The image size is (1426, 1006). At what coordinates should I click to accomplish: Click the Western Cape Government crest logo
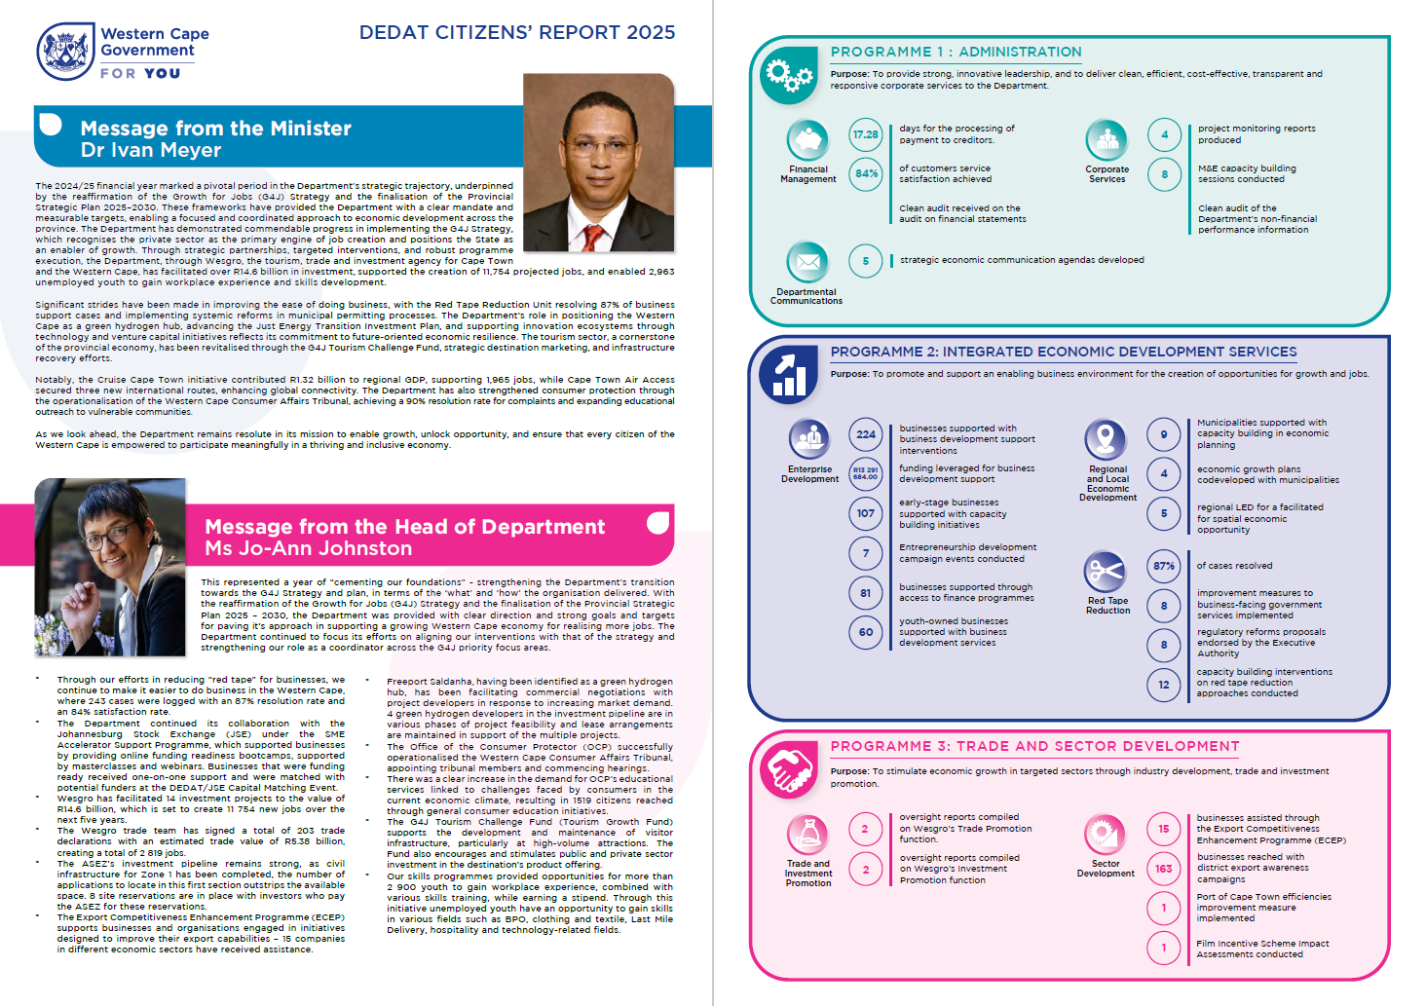pos(65,52)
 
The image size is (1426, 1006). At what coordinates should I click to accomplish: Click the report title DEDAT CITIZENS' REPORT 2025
pos(516,32)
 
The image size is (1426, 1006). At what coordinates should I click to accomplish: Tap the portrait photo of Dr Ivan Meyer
pos(598,163)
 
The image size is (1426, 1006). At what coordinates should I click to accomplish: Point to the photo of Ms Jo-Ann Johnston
pos(110,567)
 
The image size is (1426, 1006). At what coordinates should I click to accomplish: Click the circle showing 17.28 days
pos(865,134)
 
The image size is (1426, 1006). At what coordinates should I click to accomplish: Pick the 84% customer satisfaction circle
pos(865,174)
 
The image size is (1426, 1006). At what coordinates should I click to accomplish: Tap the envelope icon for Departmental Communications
pos(807,262)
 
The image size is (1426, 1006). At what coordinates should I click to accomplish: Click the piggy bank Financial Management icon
pos(807,140)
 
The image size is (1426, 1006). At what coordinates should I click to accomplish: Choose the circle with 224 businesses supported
pos(865,434)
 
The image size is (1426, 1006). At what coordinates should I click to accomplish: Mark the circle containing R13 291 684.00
pos(865,474)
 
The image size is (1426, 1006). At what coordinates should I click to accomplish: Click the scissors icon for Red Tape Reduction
pos(1106,571)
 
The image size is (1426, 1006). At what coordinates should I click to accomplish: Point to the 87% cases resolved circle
pos(1163,566)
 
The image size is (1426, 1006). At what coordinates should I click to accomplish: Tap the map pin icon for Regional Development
pos(1106,439)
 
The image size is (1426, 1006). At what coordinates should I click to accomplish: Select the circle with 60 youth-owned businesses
pos(865,632)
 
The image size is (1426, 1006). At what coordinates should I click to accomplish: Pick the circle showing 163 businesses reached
pos(1163,869)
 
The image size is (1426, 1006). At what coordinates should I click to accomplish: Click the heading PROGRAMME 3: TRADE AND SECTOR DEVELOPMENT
pos(1034,746)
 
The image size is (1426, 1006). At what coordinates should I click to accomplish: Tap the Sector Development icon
pos(1105,835)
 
